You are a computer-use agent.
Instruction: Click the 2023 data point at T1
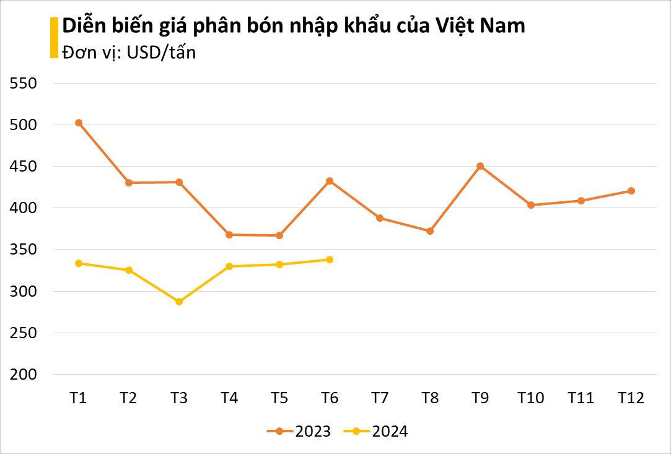pyautogui.click(x=79, y=123)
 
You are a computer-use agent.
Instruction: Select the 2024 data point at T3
pyautogui.click(x=179, y=302)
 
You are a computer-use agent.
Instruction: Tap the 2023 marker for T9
pyautogui.click(x=480, y=166)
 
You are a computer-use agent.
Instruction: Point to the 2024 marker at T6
pyautogui.click(x=330, y=260)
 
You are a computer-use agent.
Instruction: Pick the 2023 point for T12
pyautogui.click(x=631, y=191)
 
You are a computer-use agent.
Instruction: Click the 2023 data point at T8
pyautogui.click(x=430, y=231)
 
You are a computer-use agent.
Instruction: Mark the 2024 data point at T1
pyautogui.click(x=79, y=263)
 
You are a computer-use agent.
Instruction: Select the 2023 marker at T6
pyautogui.click(x=330, y=181)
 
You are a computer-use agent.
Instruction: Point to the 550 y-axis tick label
pyautogui.click(x=24, y=84)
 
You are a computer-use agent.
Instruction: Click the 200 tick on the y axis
pyautogui.click(x=24, y=375)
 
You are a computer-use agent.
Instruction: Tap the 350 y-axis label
pyautogui.click(x=24, y=250)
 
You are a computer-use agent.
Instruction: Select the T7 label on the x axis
pyautogui.click(x=380, y=398)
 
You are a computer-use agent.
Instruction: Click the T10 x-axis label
pyautogui.click(x=530, y=398)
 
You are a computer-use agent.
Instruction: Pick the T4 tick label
pyautogui.click(x=229, y=398)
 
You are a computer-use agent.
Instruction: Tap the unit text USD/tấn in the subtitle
pyautogui.click(x=160, y=53)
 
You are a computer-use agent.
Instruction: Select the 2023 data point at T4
pyautogui.click(x=229, y=235)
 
